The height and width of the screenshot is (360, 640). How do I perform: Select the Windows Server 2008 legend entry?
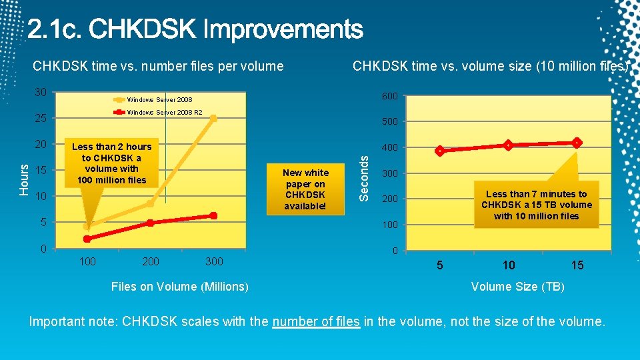[x=159, y=100]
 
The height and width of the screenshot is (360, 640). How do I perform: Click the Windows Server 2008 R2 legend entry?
[x=164, y=113]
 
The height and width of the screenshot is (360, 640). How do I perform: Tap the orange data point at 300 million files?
[x=213, y=118]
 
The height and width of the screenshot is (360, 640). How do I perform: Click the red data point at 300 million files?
[x=213, y=215]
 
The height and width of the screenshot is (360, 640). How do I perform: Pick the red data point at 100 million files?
[x=87, y=239]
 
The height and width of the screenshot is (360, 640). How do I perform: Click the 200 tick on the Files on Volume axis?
[x=151, y=261]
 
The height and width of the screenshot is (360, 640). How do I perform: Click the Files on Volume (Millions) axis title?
[x=180, y=287]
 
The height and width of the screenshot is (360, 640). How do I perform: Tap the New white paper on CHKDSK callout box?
[x=305, y=189]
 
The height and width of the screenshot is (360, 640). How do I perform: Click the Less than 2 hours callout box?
[x=111, y=163]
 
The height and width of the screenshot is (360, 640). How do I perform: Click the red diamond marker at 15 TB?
[x=577, y=143]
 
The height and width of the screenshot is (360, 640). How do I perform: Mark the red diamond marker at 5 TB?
[x=439, y=151]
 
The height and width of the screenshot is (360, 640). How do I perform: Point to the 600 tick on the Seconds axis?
[x=389, y=97]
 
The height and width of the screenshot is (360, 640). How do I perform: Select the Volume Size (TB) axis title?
[x=517, y=287]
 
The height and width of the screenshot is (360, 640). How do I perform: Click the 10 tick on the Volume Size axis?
[x=509, y=265]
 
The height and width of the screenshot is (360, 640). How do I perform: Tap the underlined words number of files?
[x=316, y=321]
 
